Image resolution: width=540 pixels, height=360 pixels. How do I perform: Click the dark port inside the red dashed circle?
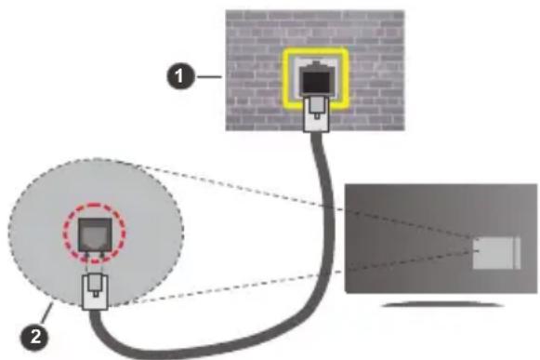click(92, 228)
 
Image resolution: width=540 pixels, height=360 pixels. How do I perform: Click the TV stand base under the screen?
click(438, 304)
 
